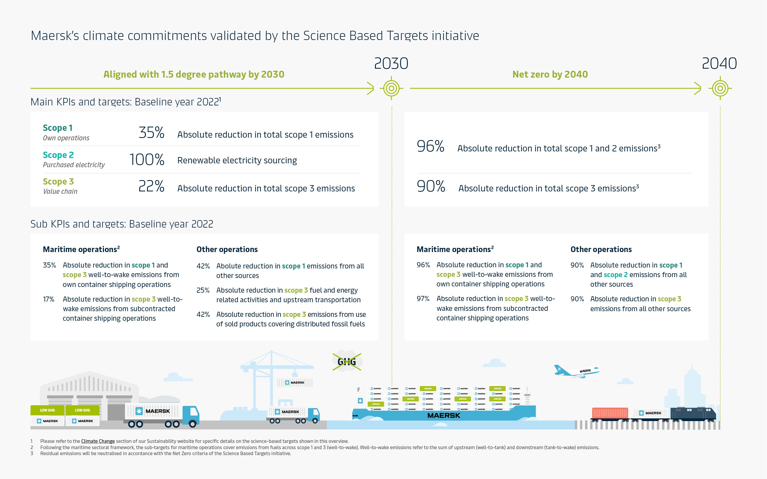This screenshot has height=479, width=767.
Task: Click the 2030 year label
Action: tap(391, 63)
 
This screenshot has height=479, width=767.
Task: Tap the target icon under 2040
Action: tap(720, 88)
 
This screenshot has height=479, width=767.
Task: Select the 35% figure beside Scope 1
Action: tap(151, 132)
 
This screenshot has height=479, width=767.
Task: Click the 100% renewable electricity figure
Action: tap(146, 159)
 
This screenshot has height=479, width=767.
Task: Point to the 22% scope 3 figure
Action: tap(151, 186)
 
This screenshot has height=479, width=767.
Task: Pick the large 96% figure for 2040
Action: tap(430, 146)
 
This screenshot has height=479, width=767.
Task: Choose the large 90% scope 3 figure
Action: tap(431, 186)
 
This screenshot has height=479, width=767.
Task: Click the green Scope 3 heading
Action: tap(58, 182)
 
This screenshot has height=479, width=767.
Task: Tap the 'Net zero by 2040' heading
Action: tap(550, 74)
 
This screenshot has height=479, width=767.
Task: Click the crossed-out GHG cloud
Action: tap(347, 361)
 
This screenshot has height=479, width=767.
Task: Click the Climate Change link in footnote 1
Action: tap(98, 441)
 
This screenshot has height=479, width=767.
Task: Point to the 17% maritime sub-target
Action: tap(48, 299)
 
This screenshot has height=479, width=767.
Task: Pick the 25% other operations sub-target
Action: tap(203, 290)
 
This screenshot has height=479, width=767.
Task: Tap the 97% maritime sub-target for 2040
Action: tap(423, 299)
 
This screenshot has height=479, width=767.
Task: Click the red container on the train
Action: tap(610, 413)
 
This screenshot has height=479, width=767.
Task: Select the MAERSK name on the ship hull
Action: tap(443, 415)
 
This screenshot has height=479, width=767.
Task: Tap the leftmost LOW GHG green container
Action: tap(47, 410)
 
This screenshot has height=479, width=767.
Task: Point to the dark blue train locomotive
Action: tap(693, 413)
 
